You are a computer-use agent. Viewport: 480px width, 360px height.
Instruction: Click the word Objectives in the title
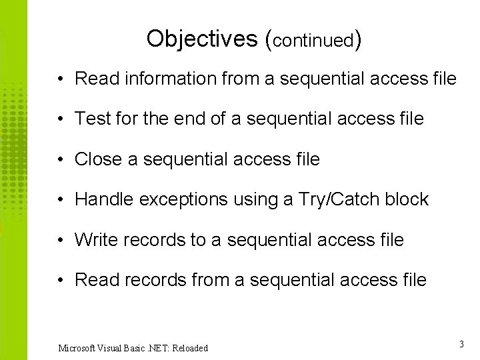tap(202, 39)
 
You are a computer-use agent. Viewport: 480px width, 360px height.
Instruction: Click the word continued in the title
tap(313, 41)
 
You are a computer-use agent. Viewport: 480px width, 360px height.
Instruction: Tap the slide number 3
tap(461, 345)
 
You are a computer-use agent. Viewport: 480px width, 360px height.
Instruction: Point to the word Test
tap(93, 119)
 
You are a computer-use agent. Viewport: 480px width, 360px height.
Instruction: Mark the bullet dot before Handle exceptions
tap(60, 200)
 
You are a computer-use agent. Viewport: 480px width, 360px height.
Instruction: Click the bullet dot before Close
tap(60, 160)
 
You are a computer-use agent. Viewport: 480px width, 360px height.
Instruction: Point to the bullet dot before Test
tap(60, 119)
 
